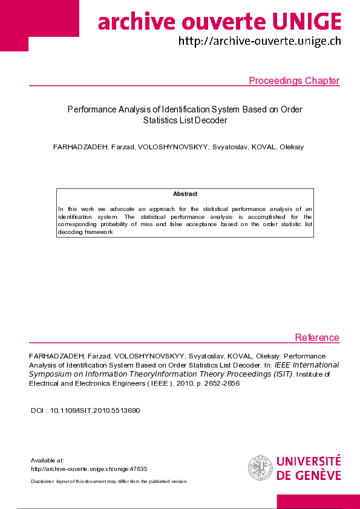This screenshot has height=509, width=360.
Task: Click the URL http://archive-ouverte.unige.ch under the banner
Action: pyautogui.click(x=260, y=41)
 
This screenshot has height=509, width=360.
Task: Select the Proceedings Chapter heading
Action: pyautogui.click(x=294, y=81)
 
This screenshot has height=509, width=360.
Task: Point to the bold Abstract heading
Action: pyautogui.click(x=185, y=194)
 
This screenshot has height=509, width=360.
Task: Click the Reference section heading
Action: pyautogui.click(x=317, y=337)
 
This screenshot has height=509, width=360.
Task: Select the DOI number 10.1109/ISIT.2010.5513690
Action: pyautogui.click(x=95, y=410)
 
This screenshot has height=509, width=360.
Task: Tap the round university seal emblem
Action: pyautogui.click(x=260, y=467)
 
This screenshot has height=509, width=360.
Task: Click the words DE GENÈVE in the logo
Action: pyautogui.click(x=309, y=475)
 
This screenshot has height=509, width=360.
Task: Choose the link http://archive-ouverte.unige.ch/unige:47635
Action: pyautogui.click(x=89, y=468)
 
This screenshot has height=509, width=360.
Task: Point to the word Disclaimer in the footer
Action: pyautogui.click(x=42, y=481)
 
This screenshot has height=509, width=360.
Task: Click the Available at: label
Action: pyautogui.click(x=47, y=460)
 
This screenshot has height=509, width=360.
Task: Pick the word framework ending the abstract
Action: pyautogui.click(x=98, y=232)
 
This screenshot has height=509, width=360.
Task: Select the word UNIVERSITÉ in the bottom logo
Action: pyautogui.click(x=309, y=461)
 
